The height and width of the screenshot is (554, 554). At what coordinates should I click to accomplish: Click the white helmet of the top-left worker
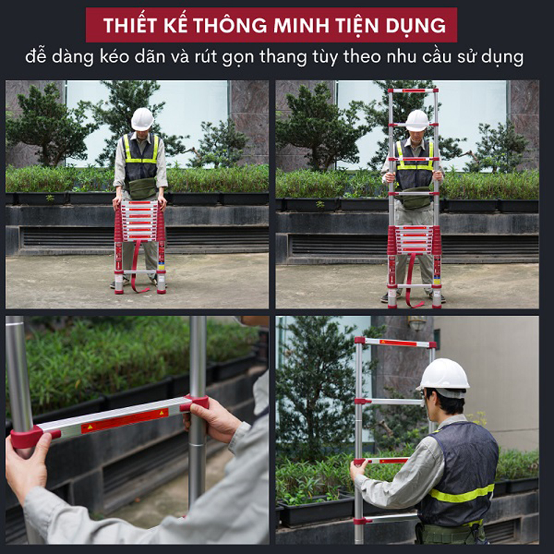click(x=142, y=118)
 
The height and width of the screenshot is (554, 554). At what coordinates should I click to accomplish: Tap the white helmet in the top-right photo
click(x=417, y=120)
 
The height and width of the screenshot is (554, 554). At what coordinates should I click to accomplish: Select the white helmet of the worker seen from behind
click(x=445, y=374)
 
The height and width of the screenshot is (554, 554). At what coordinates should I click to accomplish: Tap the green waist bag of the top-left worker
click(x=143, y=188)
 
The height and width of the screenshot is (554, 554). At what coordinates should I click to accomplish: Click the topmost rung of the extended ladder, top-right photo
click(x=413, y=91)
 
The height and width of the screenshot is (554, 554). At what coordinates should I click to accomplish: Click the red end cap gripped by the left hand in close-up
click(x=28, y=438)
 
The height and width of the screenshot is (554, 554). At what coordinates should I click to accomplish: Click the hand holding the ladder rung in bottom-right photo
click(x=359, y=470)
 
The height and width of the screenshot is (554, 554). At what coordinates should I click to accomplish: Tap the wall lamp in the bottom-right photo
click(x=416, y=323)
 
